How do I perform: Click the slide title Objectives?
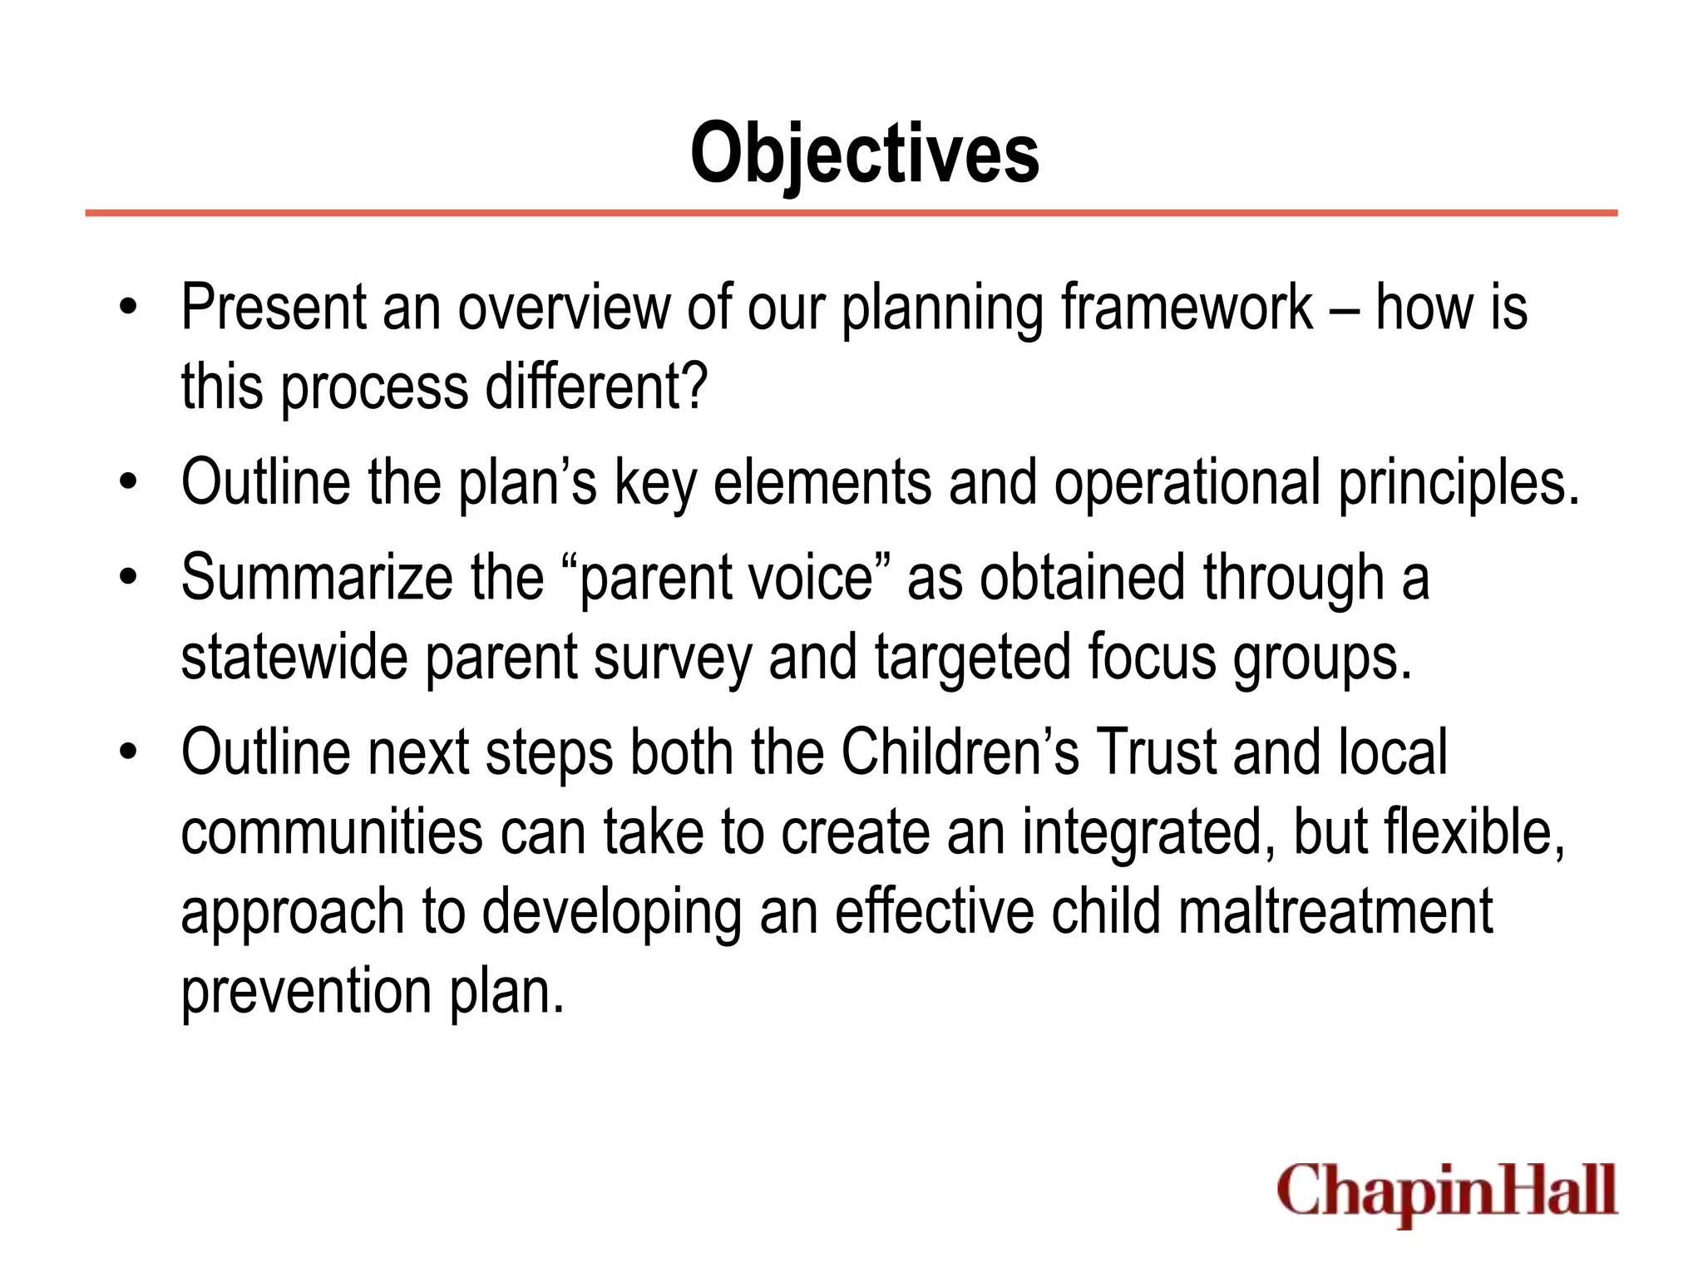[864, 154]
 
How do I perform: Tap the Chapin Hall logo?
[1447, 1191]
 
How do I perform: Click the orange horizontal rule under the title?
[851, 214]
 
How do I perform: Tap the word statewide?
[294, 657]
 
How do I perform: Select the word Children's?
[960, 752]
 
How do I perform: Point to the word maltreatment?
[1335, 911]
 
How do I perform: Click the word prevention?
[306, 991]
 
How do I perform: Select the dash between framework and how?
[1345, 309]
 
